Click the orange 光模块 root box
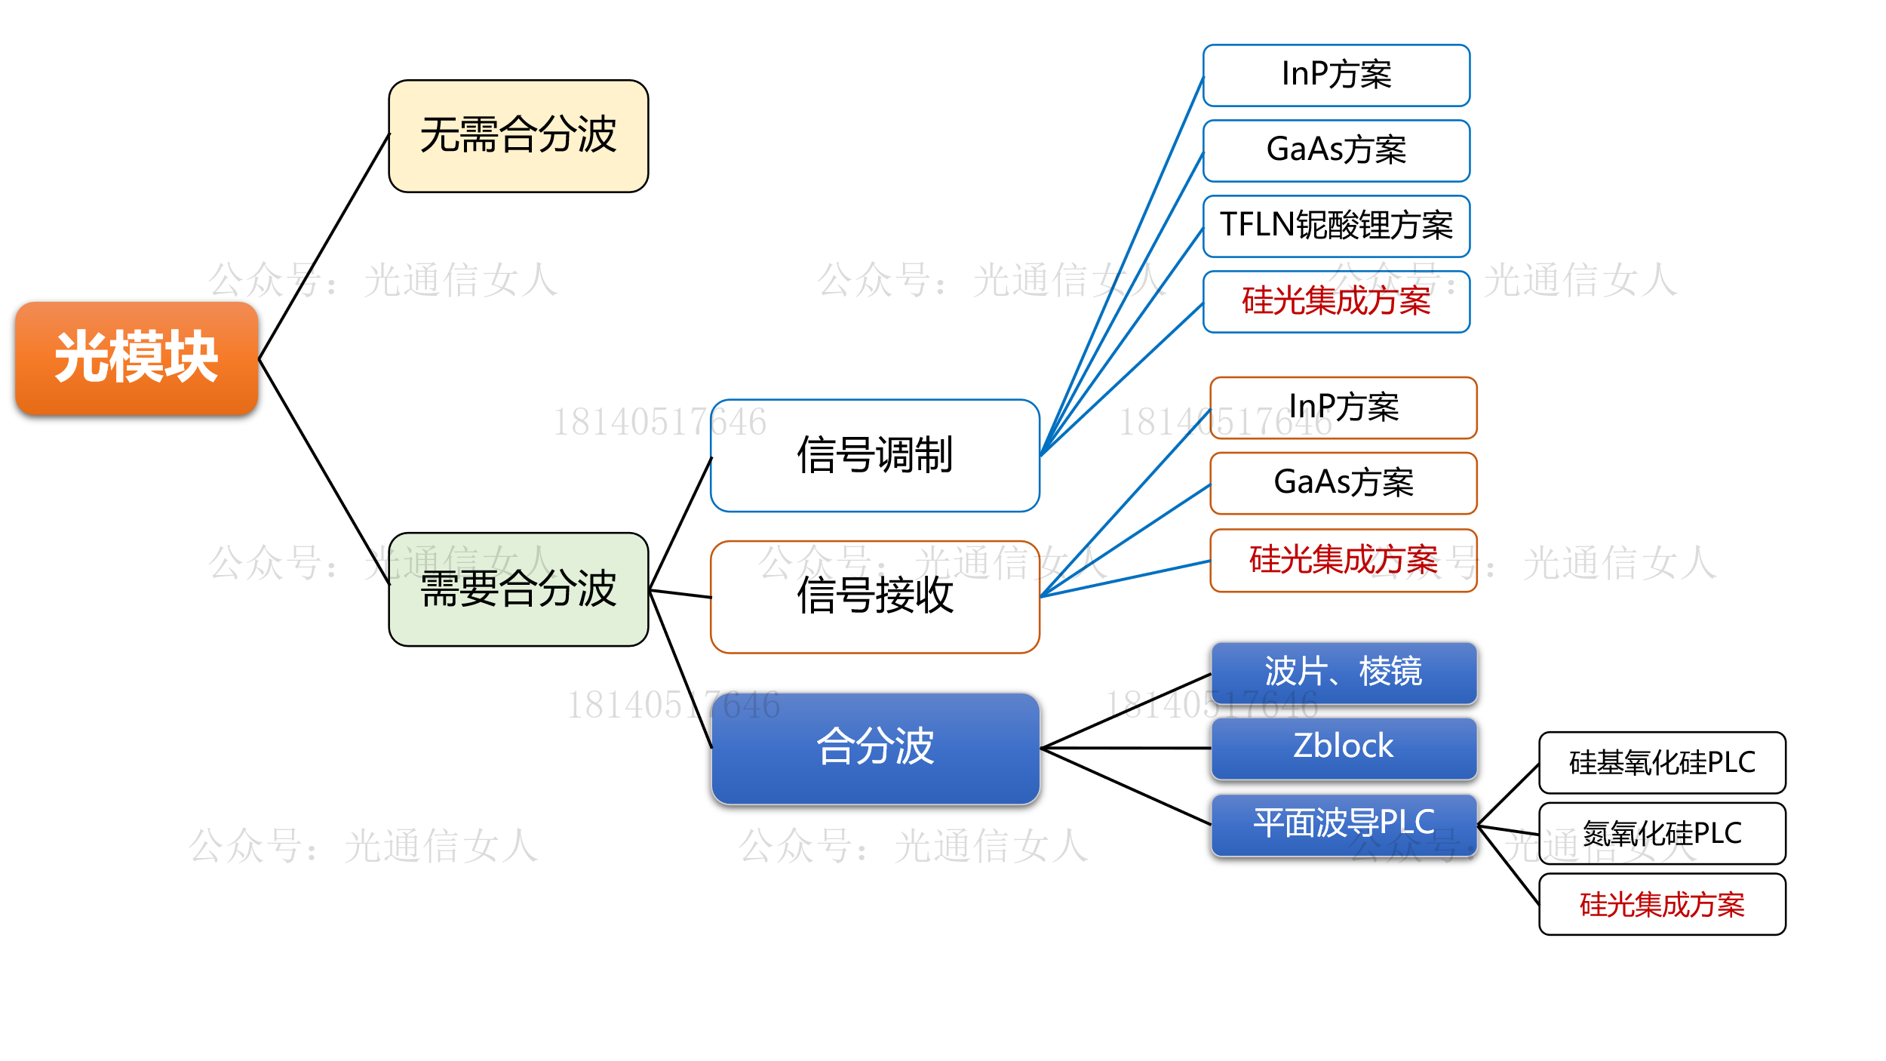(x=137, y=358)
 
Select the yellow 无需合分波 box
(x=518, y=136)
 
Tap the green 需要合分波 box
(x=518, y=589)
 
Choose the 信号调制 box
(x=875, y=455)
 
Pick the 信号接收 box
(x=875, y=596)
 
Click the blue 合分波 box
(x=875, y=748)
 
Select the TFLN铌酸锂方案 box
(x=1336, y=226)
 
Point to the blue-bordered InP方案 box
(x=1336, y=75)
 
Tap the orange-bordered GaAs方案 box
(x=1344, y=483)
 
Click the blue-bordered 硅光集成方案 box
(x=1336, y=301)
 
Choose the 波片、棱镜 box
(x=1344, y=672)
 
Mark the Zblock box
(x=1344, y=747)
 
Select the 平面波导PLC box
(x=1344, y=823)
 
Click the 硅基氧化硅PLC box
(x=1662, y=763)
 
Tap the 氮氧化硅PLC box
(x=1662, y=834)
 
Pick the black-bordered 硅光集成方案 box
(x=1662, y=904)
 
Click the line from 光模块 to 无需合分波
(x=324, y=246)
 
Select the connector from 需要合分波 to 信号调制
(x=680, y=523)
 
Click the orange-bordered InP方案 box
(x=1344, y=407)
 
